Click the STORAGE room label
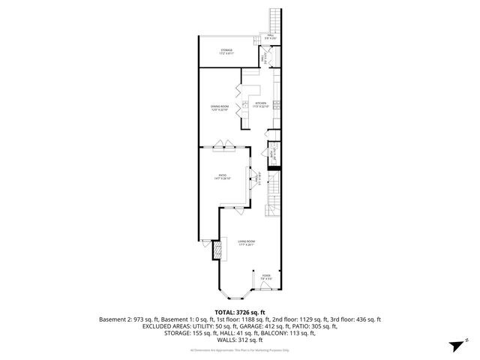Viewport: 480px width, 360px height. [x=226, y=52]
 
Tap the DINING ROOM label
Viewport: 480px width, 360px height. [x=220, y=108]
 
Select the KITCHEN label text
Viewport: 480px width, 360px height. [x=261, y=104]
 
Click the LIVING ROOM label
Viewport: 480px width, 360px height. [x=246, y=242]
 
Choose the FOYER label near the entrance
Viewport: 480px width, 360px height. [x=266, y=276]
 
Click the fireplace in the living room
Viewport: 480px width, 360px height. [x=219, y=250]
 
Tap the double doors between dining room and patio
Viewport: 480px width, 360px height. [x=221, y=145]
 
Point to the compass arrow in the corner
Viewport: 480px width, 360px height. [x=454, y=346]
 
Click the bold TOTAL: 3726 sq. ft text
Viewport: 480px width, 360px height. [x=240, y=312]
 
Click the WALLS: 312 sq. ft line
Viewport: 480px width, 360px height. [x=240, y=340]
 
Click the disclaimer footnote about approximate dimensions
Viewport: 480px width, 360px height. [x=240, y=350]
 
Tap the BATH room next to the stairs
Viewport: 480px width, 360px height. [x=274, y=155]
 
